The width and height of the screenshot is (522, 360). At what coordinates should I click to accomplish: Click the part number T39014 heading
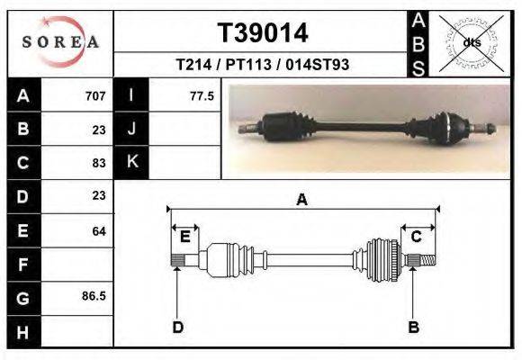(x=263, y=33)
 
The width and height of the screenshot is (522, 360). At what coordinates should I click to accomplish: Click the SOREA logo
(x=60, y=42)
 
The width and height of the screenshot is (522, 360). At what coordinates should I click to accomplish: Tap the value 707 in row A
(x=95, y=96)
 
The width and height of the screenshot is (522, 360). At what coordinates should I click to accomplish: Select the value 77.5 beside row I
(x=202, y=96)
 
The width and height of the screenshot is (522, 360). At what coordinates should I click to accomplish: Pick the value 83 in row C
(x=99, y=163)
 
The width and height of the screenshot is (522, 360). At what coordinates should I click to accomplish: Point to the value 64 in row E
(x=99, y=231)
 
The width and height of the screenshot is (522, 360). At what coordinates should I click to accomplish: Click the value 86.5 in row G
(x=94, y=296)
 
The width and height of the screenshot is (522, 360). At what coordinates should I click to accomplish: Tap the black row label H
(x=24, y=332)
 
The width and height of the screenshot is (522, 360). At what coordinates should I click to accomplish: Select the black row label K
(x=131, y=162)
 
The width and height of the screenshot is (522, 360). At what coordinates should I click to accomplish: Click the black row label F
(x=24, y=265)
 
